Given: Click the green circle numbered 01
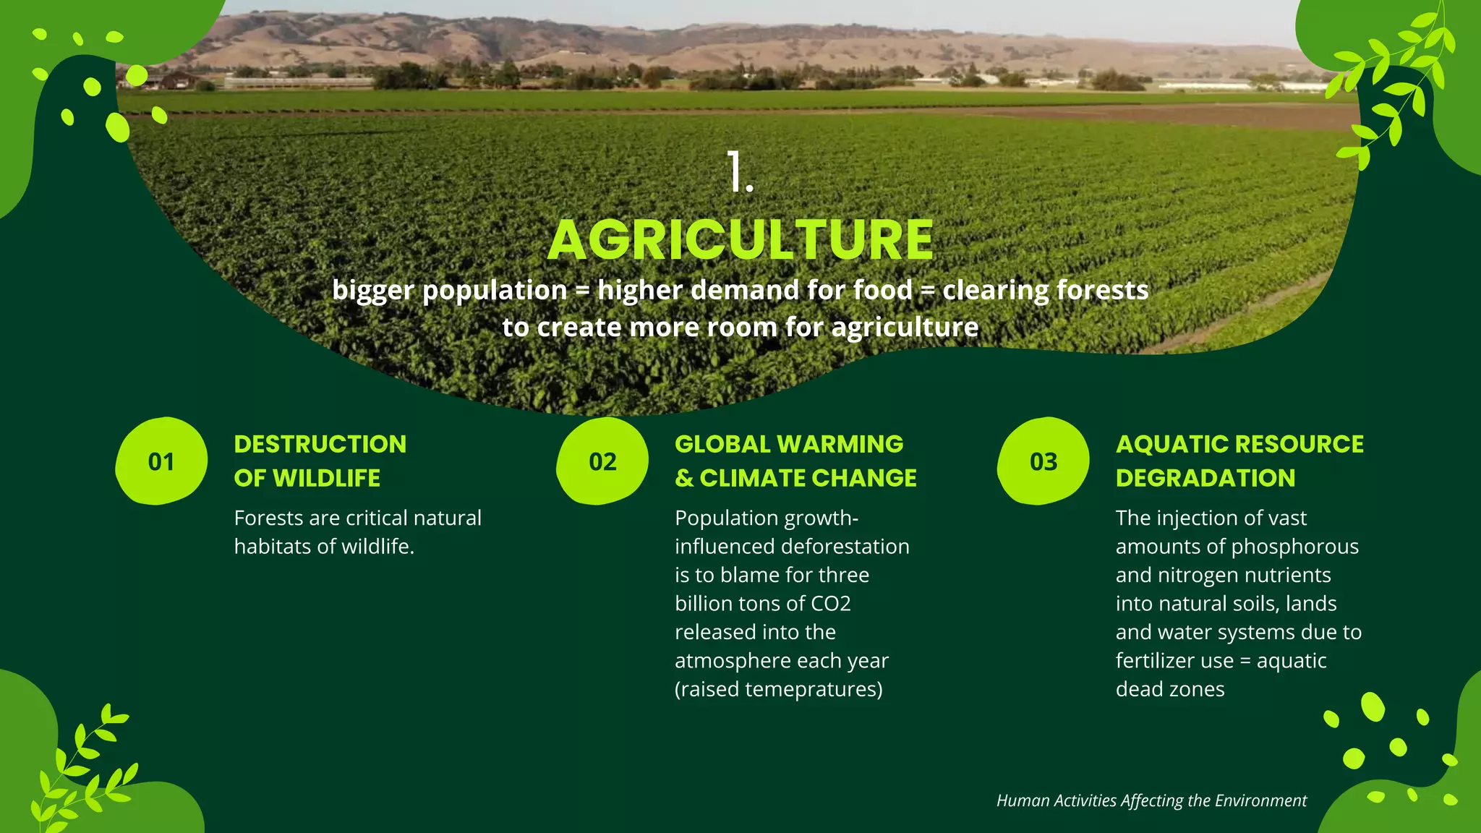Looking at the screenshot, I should [x=161, y=461].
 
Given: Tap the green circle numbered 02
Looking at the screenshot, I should [x=602, y=461].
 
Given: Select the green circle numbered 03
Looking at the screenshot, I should [x=1043, y=461].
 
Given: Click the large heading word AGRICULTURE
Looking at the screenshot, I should [x=740, y=240].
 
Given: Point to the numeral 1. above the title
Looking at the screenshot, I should [x=740, y=173].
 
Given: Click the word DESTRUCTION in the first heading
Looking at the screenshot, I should [x=320, y=444].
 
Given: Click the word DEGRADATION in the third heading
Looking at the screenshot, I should [x=1205, y=478].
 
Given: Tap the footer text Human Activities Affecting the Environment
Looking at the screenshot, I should [x=1151, y=800].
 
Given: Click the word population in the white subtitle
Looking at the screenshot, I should [x=495, y=291].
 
